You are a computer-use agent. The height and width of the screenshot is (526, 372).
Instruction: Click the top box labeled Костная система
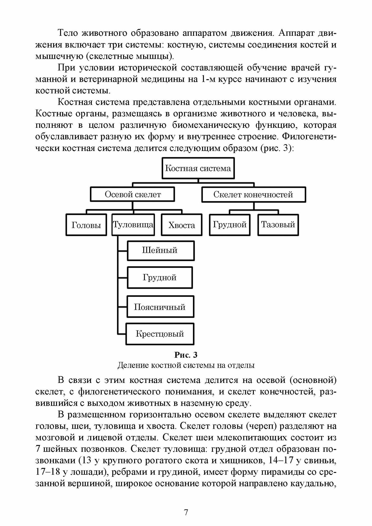pyautogui.click(x=198, y=168)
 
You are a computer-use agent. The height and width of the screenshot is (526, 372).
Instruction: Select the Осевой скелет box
pyautogui.click(x=133, y=195)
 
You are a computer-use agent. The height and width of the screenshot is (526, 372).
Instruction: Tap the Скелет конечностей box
pyautogui.click(x=253, y=195)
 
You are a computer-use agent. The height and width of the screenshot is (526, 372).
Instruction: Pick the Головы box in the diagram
pyautogui.click(x=86, y=225)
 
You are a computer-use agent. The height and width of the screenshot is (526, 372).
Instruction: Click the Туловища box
pyautogui.click(x=133, y=225)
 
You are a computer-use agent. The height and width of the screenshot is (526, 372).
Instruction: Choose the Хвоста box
pyautogui.click(x=182, y=225)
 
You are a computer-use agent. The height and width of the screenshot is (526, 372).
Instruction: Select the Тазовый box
pyautogui.click(x=278, y=225)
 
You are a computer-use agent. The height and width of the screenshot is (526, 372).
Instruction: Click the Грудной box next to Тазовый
pyautogui.click(x=230, y=225)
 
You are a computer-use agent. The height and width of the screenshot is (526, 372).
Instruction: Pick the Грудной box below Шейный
pyautogui.click(x=160, y=277)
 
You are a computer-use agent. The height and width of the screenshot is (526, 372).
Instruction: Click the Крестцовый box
pyautogui.click(x=160, y=334)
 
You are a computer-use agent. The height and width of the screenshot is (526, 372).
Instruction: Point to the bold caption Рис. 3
pyautogui.click(x=186, y=355)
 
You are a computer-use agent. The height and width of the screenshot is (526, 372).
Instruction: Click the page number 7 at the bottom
pyautogui.click(x=186, y=513)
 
